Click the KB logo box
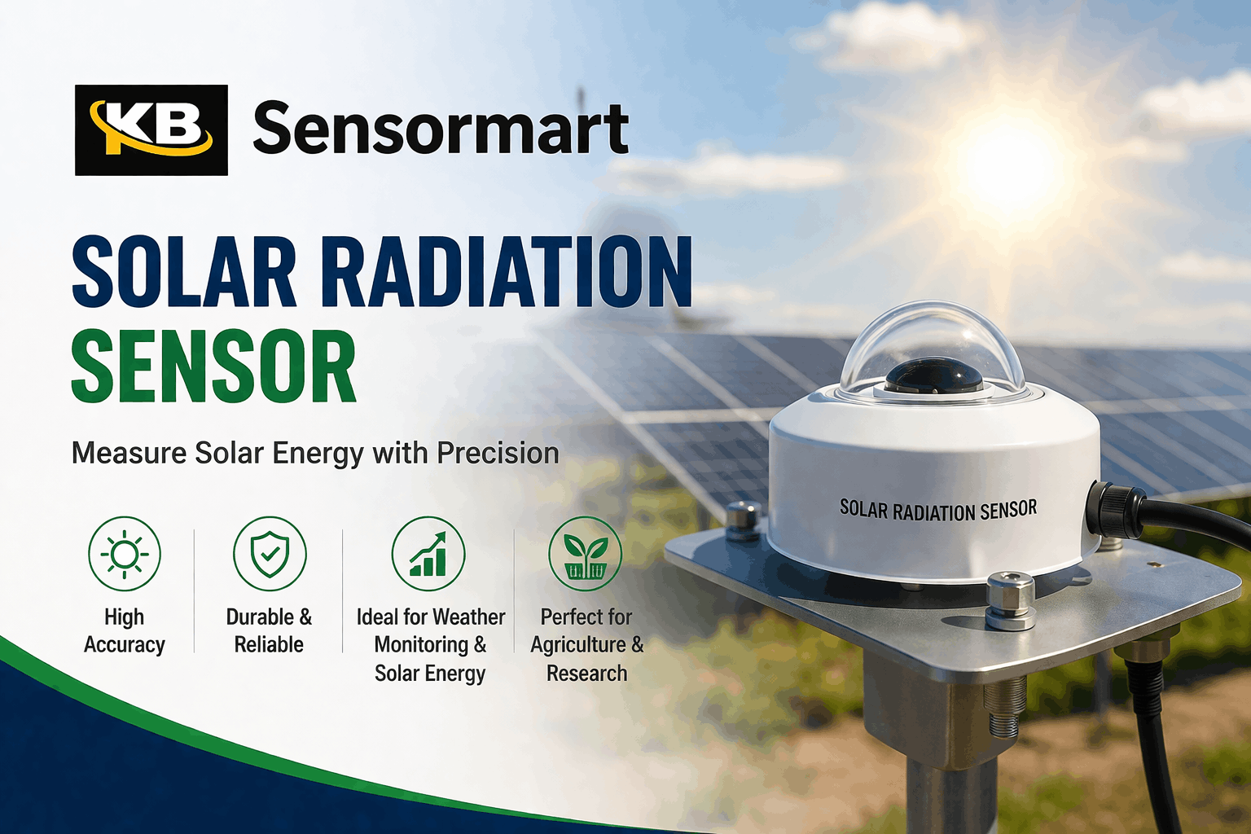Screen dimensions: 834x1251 click(x=151, y=130)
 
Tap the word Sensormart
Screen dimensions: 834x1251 click(x=441, y=129)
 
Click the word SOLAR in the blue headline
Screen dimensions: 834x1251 click(x=184, y=272)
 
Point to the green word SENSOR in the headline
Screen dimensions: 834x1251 click(x=213, y=367)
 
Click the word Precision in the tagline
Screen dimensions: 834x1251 click(x=498, y=453)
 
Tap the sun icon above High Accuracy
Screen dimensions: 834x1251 click(x=125, y=554)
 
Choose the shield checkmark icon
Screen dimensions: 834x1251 click(x=270, y=554)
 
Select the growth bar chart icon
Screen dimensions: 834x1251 click(x=428, y=554)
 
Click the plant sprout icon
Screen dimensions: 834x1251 click(x=586, y=554)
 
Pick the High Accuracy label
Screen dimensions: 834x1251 click(x=125, y=631)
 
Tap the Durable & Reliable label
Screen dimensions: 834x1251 click(x=269, y=631)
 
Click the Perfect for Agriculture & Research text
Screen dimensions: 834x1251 click(x=586, y=645)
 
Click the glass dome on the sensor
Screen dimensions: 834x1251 click(x=933, y=342)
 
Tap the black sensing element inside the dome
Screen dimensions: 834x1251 click(x=933, y=377)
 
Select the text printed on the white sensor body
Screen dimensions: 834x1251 click(x=938, y=511)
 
